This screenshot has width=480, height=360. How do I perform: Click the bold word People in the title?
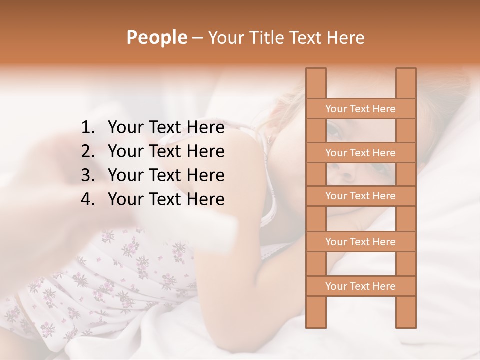coord(156,38)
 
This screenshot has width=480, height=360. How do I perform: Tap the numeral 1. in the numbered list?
coord(88,128)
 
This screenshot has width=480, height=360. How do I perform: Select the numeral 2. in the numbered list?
coord(88,151)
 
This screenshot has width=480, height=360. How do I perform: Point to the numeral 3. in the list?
coord(88,175)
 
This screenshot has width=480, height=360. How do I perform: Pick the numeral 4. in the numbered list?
coord(88,199)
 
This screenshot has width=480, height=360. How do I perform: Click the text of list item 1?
coord(166,128)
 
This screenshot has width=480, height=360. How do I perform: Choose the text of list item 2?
coord(166,151)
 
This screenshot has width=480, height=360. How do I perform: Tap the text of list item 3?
coord(166,175)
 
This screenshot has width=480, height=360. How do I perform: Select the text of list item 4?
coord(166,199)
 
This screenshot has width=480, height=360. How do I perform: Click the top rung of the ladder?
coord(360,109)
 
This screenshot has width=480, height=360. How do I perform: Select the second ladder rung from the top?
coord(360,153)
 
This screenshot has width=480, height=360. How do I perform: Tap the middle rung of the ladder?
coord(360,196)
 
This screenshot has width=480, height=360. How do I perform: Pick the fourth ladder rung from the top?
coord(360,242)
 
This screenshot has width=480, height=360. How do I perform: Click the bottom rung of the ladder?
coord(360,286)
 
